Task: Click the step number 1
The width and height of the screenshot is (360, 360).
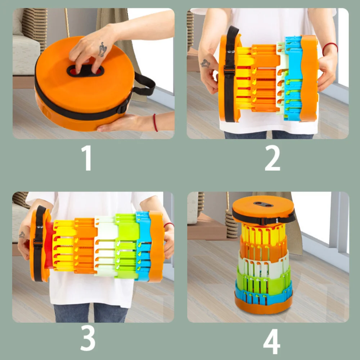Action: [x=87, y=158]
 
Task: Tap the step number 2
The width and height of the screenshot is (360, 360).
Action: [x=272, y=158]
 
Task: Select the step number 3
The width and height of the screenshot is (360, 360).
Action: [x=88, y=338]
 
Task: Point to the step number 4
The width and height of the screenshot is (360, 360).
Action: [x=272, y=342]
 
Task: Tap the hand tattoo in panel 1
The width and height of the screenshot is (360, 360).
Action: [x=102, y=50]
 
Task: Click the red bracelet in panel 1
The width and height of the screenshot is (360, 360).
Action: [x=156, y=123]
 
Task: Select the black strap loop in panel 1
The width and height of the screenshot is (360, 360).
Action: [x=144, y=84]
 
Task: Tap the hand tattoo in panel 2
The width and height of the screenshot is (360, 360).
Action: [x=205, y=63]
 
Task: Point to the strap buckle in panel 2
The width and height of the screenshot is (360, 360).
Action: [x=229, y=69]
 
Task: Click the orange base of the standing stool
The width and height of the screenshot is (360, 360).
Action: [x=264, y=306]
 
